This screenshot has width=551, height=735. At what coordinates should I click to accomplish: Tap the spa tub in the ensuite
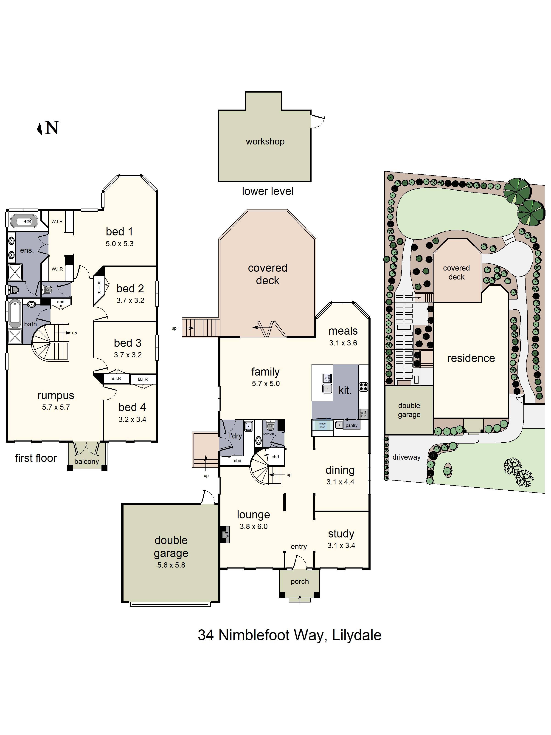(24, 221)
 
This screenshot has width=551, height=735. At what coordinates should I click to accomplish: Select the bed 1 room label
(119, 232)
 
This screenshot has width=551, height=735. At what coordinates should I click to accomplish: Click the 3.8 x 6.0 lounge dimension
(253, 526)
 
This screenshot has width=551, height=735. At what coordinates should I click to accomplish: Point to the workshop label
(265, 141)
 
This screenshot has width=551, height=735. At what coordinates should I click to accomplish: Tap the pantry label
(351, 425)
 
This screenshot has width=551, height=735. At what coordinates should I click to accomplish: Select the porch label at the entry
(300, 582)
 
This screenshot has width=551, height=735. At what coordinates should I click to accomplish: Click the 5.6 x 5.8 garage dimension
(171, 565)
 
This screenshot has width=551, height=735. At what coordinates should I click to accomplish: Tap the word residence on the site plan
(471, 358)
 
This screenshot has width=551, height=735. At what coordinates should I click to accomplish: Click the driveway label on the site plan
(406, 457)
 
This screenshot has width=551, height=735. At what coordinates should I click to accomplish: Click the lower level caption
(267, 191)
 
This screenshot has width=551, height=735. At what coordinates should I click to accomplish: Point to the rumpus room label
(56, 396)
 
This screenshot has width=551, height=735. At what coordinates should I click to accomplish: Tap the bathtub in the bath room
(15, 313)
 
